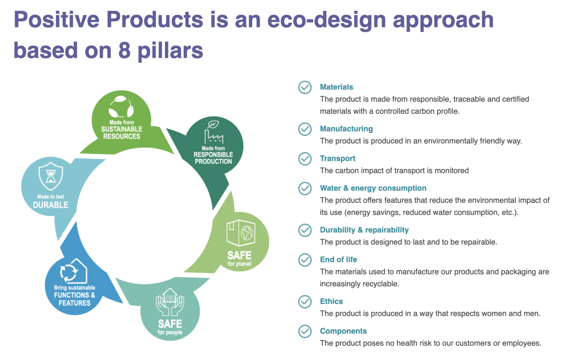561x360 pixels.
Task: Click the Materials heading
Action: click(336, 87)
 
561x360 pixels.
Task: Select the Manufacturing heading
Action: click(346, 129)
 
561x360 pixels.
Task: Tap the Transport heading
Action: click(338, 158)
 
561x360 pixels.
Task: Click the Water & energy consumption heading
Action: click(373, 188)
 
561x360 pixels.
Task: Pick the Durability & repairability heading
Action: click(364, 230)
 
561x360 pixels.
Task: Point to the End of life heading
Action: click(339, 260)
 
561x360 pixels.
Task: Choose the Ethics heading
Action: click(331, 301)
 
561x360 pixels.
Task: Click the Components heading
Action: click(343, 331)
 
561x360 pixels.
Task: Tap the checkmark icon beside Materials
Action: click(305, 87)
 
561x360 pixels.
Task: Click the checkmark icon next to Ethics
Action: click(305, 302)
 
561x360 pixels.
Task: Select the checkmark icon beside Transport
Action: click(305, 159)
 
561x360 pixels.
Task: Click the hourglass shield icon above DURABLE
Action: click(50, 176)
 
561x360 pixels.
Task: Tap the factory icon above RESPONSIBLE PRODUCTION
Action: click(214, 133)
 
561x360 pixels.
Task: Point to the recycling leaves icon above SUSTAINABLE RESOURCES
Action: click(121, 107)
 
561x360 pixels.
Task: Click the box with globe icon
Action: click(241, 233)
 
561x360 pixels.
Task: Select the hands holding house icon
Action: click(170, 302)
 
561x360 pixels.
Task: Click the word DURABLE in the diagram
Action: click(50, 205)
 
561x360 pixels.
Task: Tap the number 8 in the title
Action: click(124, 50)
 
